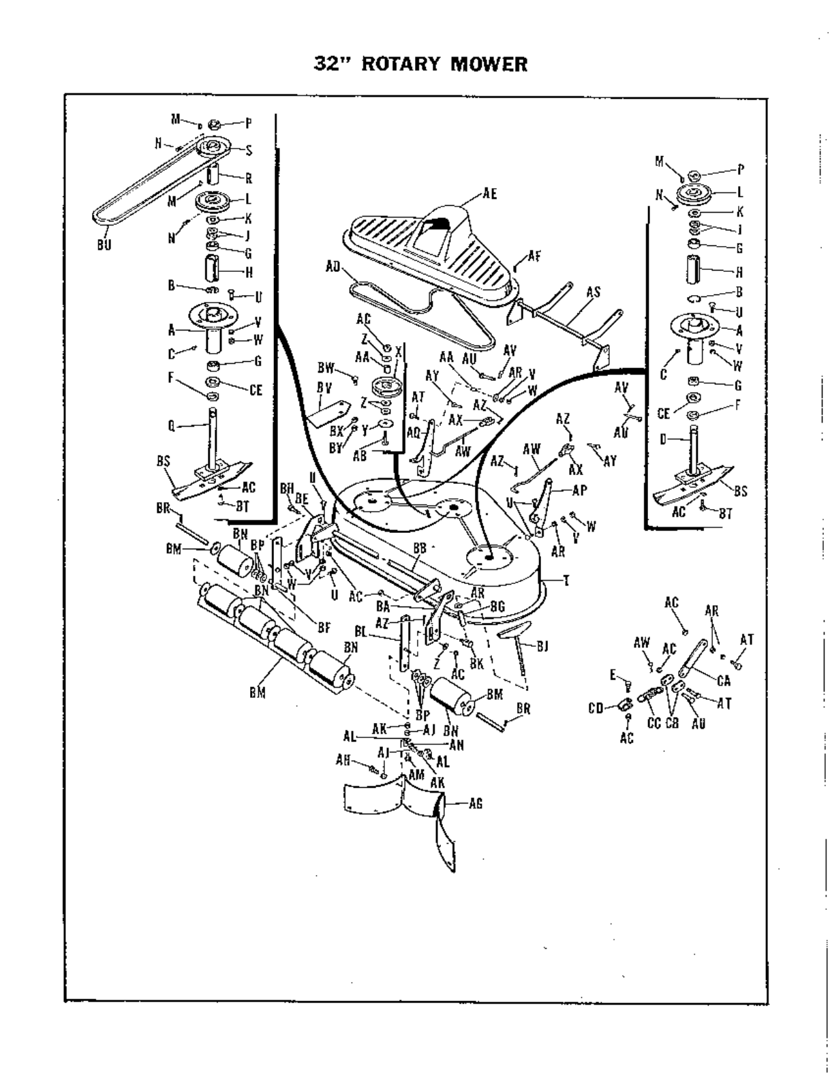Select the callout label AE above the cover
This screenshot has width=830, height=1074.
[489, 194]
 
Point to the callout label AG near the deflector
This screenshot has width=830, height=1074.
[476, 804]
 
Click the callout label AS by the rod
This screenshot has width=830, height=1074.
[594, 292]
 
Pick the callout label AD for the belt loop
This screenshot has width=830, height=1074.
[333, 266]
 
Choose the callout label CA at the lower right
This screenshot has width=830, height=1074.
[724, 680]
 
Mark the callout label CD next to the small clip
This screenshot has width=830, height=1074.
[596, 707]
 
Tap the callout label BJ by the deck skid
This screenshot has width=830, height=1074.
[542, 645]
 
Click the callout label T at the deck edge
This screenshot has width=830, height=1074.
[566, 580]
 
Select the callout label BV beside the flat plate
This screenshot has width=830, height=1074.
[324, 387]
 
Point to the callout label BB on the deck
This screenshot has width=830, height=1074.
[419, 548]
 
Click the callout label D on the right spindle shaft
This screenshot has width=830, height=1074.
[662, 440]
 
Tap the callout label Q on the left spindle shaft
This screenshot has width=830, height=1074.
[171, 427]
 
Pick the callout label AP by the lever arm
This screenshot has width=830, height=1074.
[579, 490]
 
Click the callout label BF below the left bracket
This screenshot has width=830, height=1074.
[324, 629]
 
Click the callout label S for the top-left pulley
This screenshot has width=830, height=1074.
[249, 151]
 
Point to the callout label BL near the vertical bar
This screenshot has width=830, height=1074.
[361, 632]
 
